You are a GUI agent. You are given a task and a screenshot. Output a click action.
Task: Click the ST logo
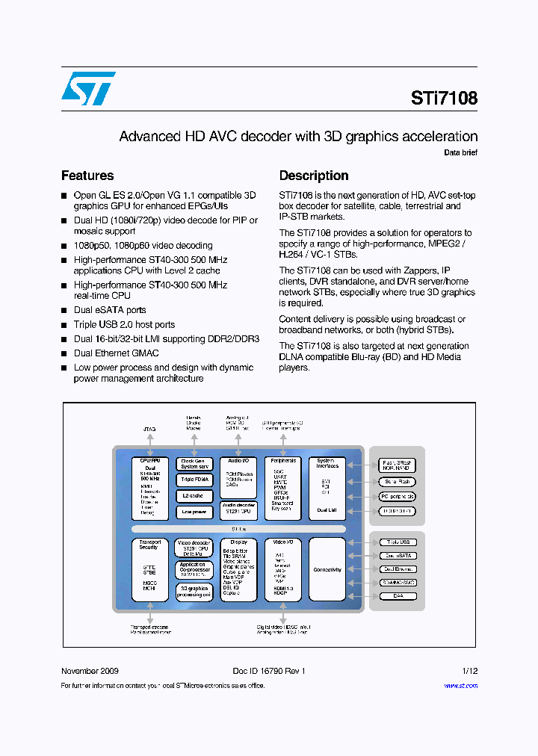point(88,89)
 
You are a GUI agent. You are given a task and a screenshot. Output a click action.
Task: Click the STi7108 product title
point(444,98)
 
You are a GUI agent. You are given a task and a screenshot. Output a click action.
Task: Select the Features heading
point(87,176)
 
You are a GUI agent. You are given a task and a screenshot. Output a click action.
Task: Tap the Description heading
point(314,176)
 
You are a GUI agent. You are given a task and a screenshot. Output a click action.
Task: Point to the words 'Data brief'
point(460,152)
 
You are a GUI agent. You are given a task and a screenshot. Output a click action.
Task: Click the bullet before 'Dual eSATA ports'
point(64,310)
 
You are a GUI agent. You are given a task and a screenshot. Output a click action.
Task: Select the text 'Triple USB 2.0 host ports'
point(124,324)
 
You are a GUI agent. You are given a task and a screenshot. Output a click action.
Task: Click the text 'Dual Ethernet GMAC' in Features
point(116,353)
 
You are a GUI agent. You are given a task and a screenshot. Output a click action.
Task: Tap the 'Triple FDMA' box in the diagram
point(194,480)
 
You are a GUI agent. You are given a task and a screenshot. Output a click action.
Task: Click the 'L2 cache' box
point(194,495)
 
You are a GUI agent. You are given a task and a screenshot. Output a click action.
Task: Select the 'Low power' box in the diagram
point(194,512)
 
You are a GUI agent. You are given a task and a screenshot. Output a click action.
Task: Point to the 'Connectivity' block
point(327,570)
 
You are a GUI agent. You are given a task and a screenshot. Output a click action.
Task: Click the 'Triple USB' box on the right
point(398,542)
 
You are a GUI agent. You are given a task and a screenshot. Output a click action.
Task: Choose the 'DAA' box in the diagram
point(398,596)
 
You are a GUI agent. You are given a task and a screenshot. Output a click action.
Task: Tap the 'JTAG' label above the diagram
point(149,430)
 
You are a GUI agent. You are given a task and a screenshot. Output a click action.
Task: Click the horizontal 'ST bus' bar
point(238,529)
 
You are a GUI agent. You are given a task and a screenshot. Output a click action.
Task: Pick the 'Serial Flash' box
point(398,483)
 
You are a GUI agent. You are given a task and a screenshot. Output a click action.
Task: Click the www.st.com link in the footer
point(460,686)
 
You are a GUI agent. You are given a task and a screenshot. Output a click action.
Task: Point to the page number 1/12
point(469,671)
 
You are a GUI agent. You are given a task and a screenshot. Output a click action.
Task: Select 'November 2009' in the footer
point(90,671)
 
